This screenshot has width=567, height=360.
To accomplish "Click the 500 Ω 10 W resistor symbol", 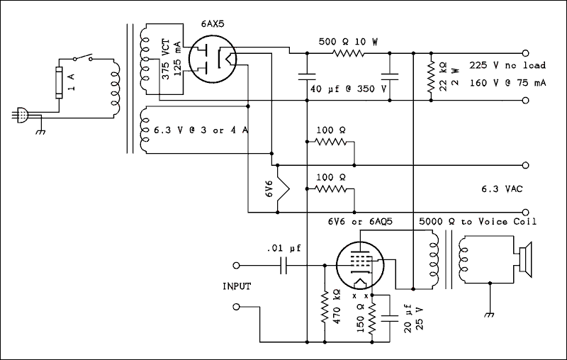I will (x=348, y=53).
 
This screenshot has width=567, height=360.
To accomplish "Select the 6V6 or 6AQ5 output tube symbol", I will (x=361, y=264).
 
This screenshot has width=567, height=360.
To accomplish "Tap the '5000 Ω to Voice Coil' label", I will (x=478, y=222).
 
